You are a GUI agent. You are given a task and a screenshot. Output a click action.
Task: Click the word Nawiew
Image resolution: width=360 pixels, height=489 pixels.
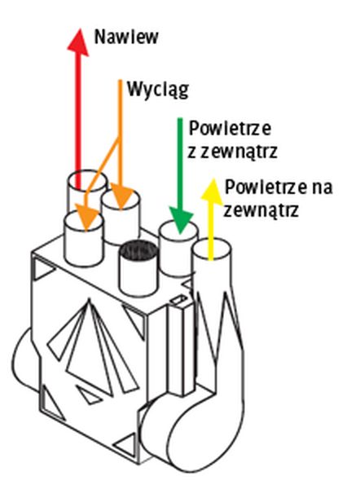click(126, 37)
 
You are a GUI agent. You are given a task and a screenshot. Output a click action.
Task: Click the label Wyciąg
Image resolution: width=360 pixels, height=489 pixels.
click(158, 90)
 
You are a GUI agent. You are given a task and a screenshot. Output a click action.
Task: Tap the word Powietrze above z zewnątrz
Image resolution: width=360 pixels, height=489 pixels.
click(230, 128)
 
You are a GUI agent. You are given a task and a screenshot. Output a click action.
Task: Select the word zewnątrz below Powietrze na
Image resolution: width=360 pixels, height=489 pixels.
click(261, 210)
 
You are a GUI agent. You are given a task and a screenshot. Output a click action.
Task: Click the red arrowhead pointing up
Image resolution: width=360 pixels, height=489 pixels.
click(78, 42)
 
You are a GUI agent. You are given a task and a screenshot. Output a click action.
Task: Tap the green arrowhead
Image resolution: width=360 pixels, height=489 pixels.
click(180, 221)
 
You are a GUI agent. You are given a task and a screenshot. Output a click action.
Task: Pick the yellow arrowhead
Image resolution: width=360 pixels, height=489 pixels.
click(213, 190)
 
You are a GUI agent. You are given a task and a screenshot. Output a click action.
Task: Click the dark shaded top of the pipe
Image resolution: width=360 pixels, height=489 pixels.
click(139, 250)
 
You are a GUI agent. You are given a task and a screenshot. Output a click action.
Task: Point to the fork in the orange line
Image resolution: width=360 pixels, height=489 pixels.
click(119, 139)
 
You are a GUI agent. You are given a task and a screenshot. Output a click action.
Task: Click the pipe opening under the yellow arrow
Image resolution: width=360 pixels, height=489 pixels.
click(212, 249)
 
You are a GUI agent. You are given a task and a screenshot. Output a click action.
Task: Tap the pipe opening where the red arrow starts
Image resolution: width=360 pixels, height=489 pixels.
click(88, 180)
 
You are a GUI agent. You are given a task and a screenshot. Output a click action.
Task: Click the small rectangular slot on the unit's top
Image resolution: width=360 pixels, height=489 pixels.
click(178, 300)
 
